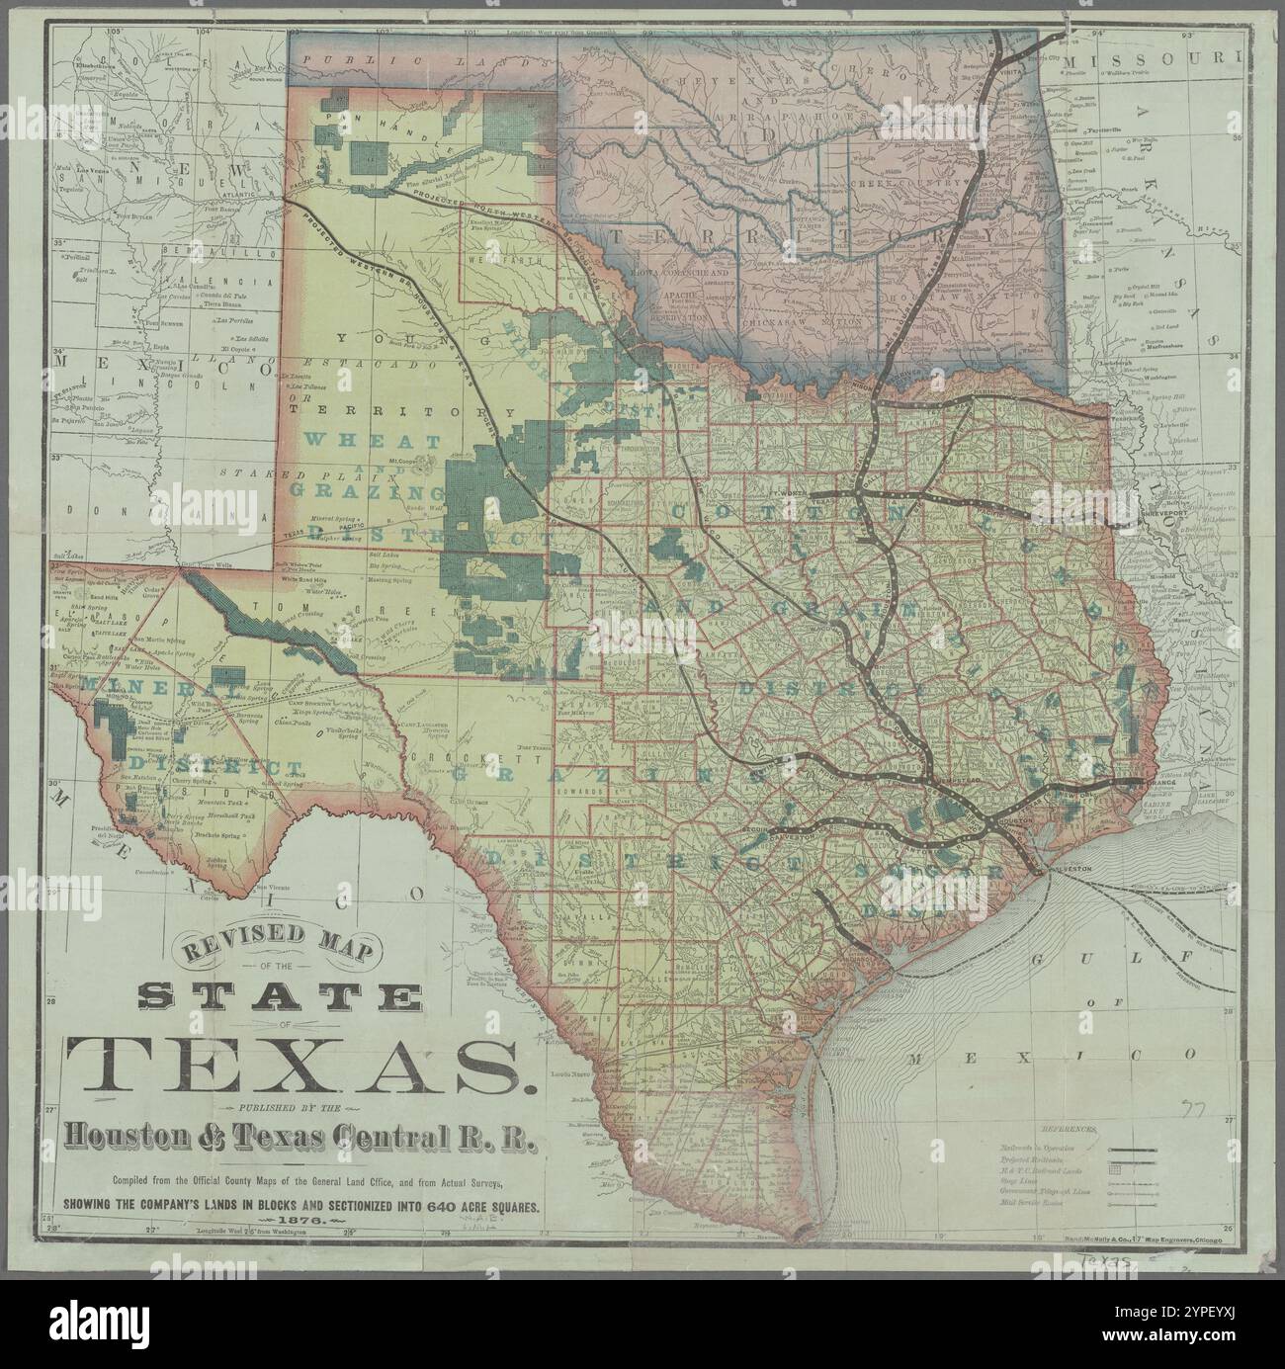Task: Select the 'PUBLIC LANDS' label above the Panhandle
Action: [x=361, y=61]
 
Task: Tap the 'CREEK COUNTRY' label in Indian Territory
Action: [x=921, y=185]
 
